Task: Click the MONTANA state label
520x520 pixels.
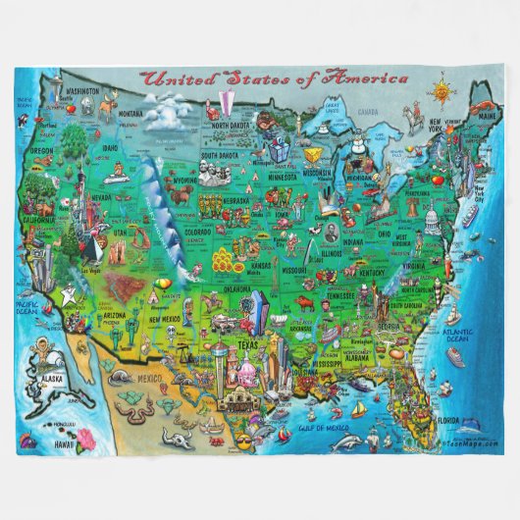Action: point(130,114)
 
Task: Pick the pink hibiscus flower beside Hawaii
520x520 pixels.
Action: point(30,443)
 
